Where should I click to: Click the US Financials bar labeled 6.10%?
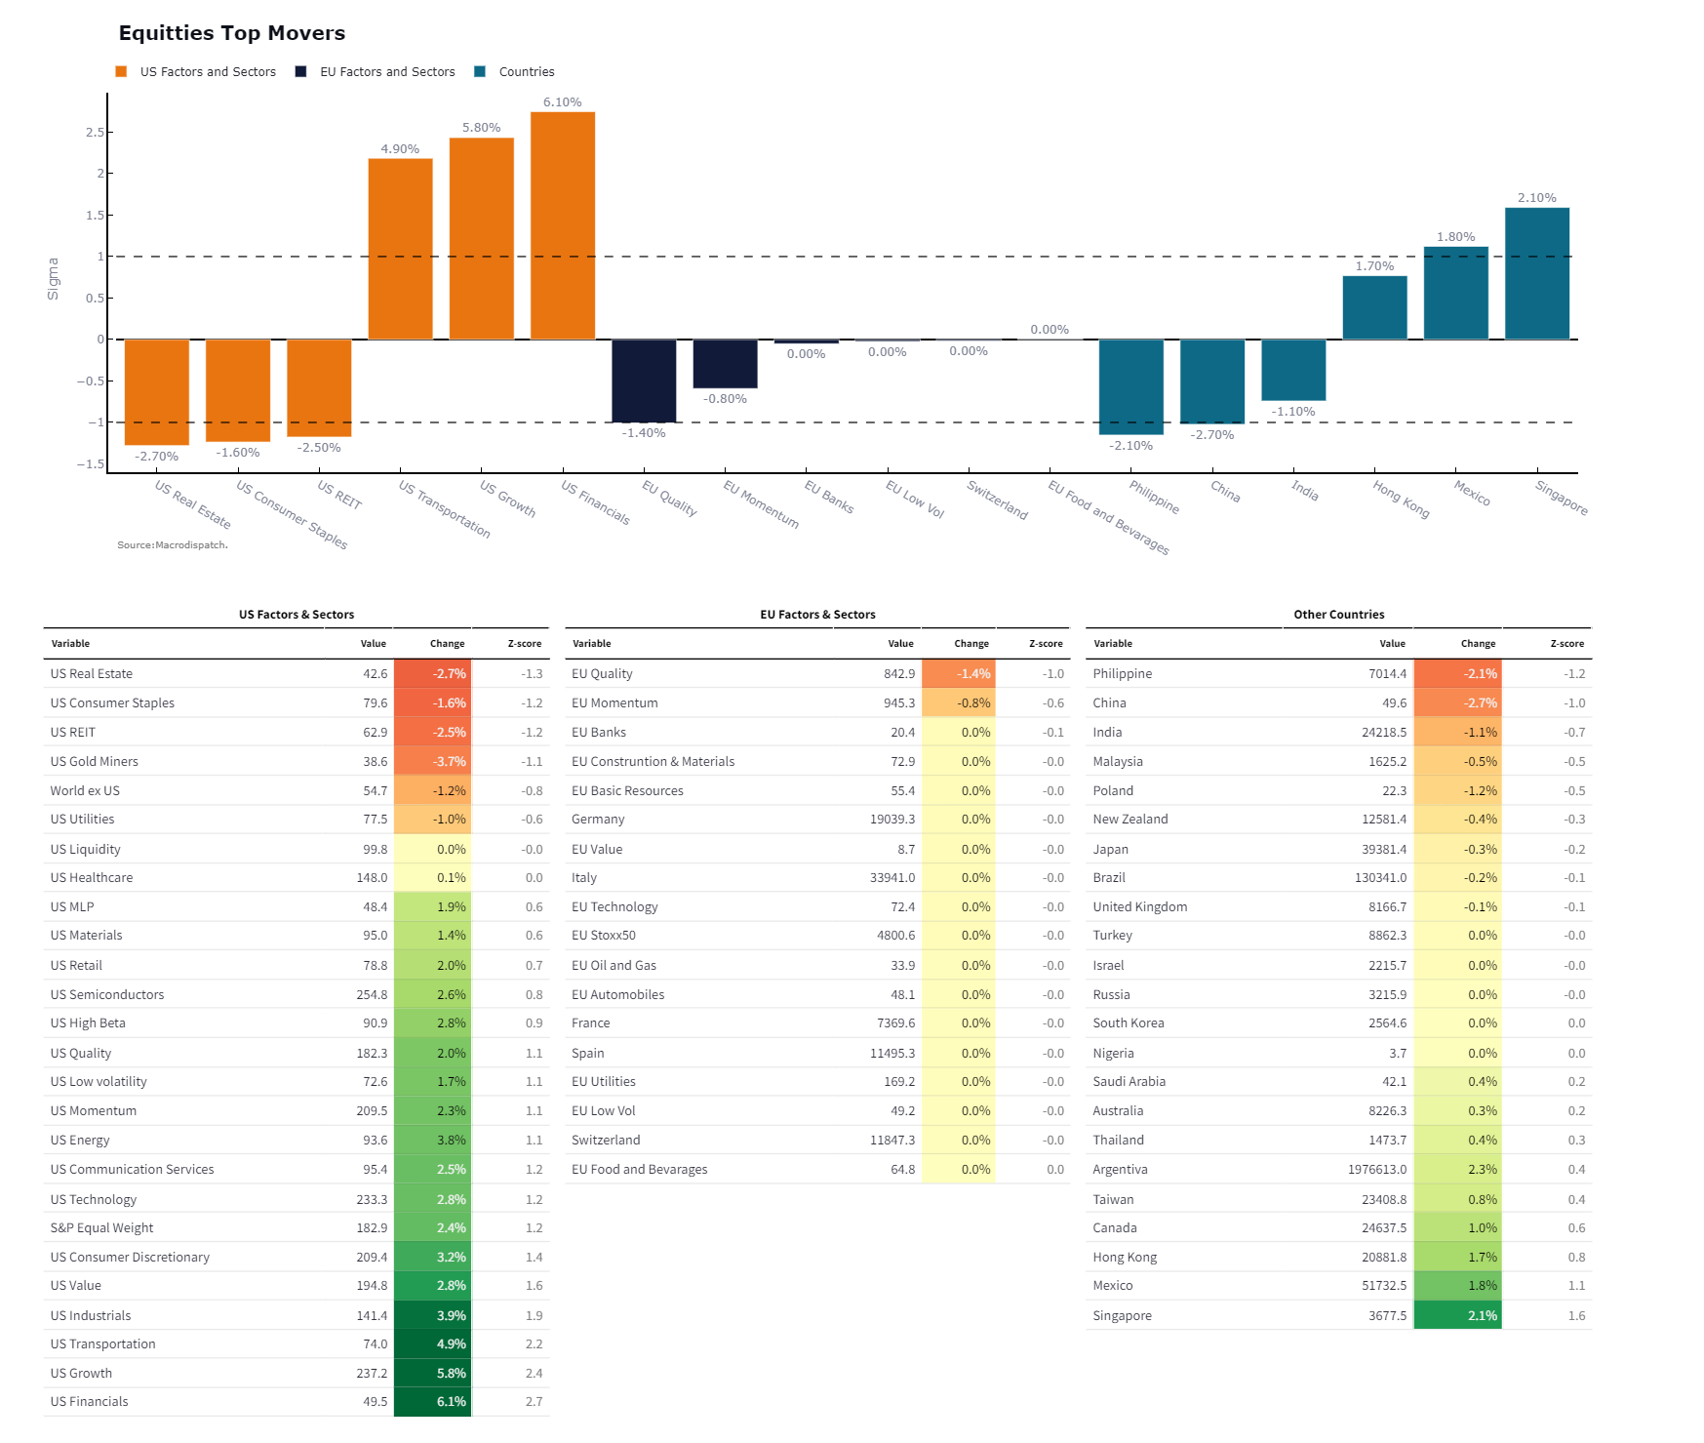[563, 225]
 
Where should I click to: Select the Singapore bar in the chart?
[1536, 273]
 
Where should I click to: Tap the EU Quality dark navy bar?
[644, 381]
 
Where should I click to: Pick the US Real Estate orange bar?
[157, 391]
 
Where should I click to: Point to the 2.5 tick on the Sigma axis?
[95, 133]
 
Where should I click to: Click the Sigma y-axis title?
[54, 279]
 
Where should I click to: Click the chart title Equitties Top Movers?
[232, 33]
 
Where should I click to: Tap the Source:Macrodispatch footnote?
[173, 545]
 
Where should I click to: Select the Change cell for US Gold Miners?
[433, 761]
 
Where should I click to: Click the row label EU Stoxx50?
[604, 936]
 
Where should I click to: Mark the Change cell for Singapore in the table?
[1457, 1316]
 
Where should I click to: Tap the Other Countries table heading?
[1338, 615]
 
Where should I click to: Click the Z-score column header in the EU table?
[1046, 644]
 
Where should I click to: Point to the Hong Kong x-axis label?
[1402, 500]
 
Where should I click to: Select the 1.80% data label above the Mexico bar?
[1455, 237]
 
